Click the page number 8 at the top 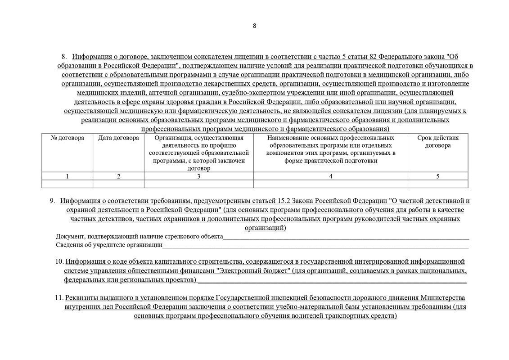tap(255, 26)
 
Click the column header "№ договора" tap(68, 138)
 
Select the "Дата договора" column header tap(118, 138)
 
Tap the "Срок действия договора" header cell tap(438, 142)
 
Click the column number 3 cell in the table tap(199, 176)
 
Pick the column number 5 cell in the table tap(438, 176)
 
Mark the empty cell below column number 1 tap(68, 184)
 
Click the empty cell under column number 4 tap(331, 184)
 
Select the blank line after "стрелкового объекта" tap(346, 237)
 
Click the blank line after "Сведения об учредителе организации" tap(315, 245)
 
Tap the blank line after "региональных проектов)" tap(332, 280)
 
